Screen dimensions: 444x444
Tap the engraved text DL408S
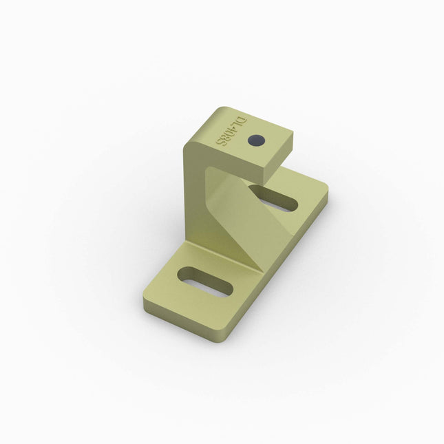coord(231,130)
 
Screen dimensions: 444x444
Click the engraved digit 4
coord(233,128)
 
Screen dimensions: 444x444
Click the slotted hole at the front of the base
coord(204,282)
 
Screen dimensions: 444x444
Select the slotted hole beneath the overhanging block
coord(274,198)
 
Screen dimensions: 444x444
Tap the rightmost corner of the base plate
coord(328,194)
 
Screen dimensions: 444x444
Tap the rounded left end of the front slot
coord(184,275)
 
